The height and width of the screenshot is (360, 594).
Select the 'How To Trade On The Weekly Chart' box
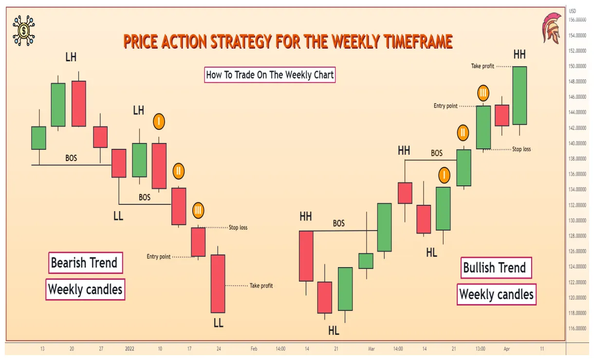tap(270, 75)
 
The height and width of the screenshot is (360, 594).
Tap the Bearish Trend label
tap(84, 263)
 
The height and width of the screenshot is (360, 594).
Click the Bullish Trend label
tap(495, 268)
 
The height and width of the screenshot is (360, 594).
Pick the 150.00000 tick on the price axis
tap(577, 66)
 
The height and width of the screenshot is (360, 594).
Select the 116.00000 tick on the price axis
tap(577, 328)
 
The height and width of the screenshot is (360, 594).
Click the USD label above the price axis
tap(573, 11)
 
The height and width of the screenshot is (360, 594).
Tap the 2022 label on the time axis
tap(130, 349)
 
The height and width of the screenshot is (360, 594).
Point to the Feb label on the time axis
tap(254, 349)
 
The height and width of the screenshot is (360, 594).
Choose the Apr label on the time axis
tap(506, 349)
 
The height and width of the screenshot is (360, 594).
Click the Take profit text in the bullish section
tap(483, 66)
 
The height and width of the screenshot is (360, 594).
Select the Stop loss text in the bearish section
tap(238, 228)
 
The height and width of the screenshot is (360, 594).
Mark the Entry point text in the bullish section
tap(445, 106)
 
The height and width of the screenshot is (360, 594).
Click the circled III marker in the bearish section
tap(198, 211)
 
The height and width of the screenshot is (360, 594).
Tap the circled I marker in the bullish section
tap(444, 175)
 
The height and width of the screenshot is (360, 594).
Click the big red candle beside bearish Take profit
tap(218, 284)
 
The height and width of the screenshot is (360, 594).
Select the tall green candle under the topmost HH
tap(520, 95)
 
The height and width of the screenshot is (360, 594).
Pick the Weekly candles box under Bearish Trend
tap(85, 290)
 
